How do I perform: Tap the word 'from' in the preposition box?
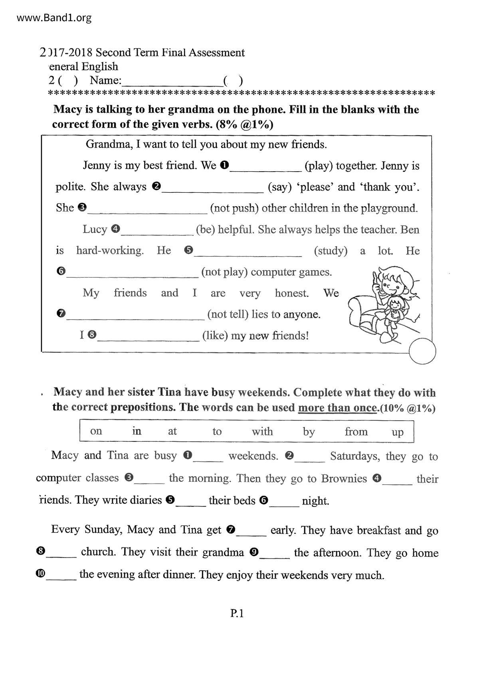356,431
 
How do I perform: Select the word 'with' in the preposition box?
262,431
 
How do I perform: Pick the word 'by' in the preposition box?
309,432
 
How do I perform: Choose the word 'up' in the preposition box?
397,432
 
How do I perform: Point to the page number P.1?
237,613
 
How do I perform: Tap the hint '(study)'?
331,251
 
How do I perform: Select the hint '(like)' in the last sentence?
215,335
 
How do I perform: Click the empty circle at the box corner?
422,351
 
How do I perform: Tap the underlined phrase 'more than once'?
337,408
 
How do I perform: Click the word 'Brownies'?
344,479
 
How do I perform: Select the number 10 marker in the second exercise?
40,573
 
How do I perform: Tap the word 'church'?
98,552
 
